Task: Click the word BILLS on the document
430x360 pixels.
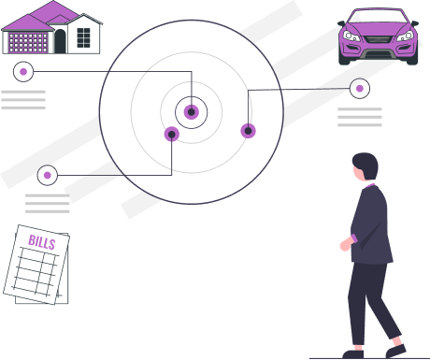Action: pos(42,243)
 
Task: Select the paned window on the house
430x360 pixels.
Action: pos(82,37)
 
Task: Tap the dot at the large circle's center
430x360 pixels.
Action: pos(192,112)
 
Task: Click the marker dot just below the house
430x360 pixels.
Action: pos(22,71)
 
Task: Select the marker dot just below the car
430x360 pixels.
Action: pos(360,89)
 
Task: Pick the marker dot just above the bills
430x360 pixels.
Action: pos(48,175)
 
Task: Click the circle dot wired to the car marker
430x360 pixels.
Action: pos(248,131)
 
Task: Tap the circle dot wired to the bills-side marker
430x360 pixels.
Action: pos(171,134)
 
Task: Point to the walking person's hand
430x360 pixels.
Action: pos(344,245)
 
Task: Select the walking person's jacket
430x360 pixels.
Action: pos(371,224)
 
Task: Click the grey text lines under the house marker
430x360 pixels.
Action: pos(23,99)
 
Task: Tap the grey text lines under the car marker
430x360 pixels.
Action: pos(360,117)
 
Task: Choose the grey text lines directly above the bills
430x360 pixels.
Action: pos(48,203)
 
